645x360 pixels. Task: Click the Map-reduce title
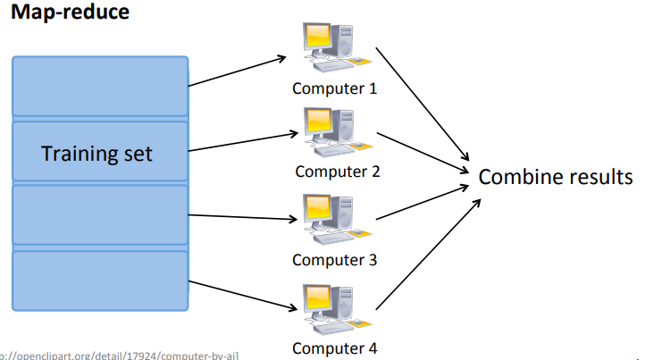[x=70, y=14]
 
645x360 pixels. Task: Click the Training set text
[x=97, y=153]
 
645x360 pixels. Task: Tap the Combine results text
[x=555, y=176]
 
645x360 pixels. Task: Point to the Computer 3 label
[x=334, y=260]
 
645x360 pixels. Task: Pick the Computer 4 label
[x=334, y=348]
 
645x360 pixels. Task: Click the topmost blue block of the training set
[x=99, y=87]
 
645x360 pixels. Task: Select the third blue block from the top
[x=99, y=214]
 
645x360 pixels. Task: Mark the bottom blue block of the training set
[x=99, y=280]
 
